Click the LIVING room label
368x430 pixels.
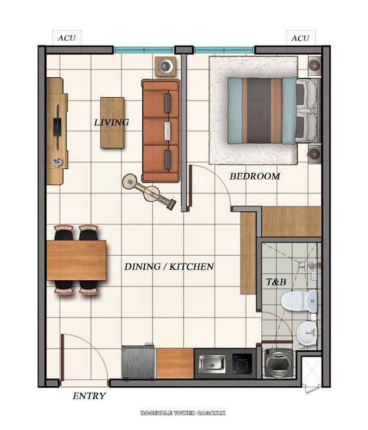(111, 122)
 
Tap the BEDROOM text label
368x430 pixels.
(255, 176)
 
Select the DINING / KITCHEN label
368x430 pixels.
(169, 266)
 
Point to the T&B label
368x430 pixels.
(276, 282)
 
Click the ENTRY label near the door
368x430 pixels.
(89, 396)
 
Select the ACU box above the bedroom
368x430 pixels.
(300, 38)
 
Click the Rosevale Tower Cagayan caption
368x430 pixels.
(183, 413)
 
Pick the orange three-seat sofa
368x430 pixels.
(160, 131)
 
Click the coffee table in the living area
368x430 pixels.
(112, 122)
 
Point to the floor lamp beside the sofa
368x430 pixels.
(149, 192)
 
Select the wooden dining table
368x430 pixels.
(76, 260)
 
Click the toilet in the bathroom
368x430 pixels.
(303, 300)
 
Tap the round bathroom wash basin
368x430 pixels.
(308, 332)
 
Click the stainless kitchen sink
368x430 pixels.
(211, 363)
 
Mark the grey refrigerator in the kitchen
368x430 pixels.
(138, 363)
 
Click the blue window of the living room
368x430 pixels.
(144, 49)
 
